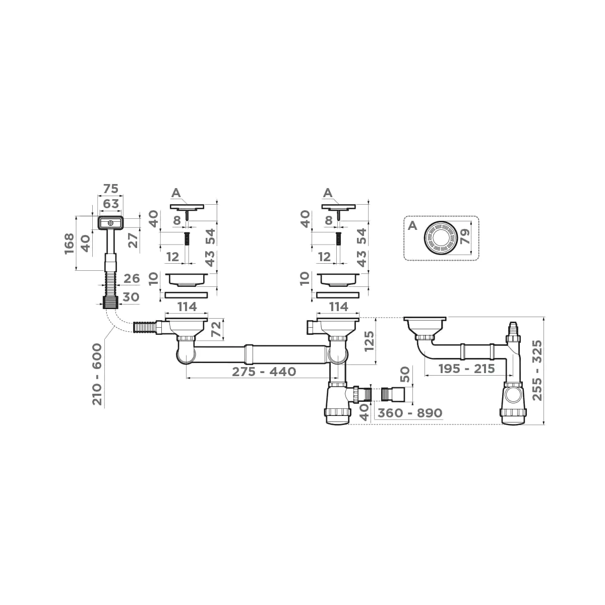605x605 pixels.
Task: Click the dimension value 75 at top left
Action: [110, 189]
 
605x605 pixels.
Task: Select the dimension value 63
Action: [110, 204]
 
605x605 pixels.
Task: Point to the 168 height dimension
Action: [70, 244]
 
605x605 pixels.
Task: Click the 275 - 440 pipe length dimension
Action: [264, 372]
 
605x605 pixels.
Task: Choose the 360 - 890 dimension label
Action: [410, 413]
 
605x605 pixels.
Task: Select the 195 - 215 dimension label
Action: [466, 369]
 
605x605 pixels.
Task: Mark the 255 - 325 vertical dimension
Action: [537, 371]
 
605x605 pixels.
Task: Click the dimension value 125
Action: [370, 341]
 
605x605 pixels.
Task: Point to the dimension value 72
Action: [216, 329]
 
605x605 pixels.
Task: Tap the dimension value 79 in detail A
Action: [465, 236]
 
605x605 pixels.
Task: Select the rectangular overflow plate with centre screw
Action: [110, 222]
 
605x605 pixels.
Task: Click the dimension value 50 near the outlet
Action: [404, 375]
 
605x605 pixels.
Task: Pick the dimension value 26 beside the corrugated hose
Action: [131, 278]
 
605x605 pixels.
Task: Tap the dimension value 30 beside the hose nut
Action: [131, 297]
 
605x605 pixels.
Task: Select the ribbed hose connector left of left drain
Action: [145, 328]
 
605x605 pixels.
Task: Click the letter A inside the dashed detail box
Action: [412, 225]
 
